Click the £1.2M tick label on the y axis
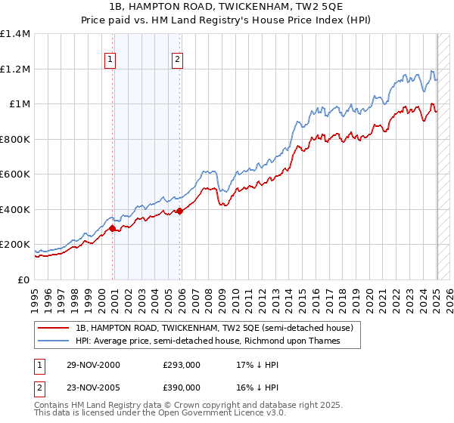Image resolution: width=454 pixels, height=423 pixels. click(x=15, y=69)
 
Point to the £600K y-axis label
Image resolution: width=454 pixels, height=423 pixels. click(x=15, y=174)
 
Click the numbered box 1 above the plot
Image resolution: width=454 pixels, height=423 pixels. click(x=110, y=60)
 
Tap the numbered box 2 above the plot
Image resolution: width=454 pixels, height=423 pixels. click(x=177, y=60)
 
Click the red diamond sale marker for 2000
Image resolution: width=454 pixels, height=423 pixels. click(x=113, y=228)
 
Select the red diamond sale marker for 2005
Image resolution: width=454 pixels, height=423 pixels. click(x=179, y=211)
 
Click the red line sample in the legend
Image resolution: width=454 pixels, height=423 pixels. click(x=54, y=328)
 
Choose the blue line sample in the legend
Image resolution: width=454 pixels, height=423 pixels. click(x=54, y=341)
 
